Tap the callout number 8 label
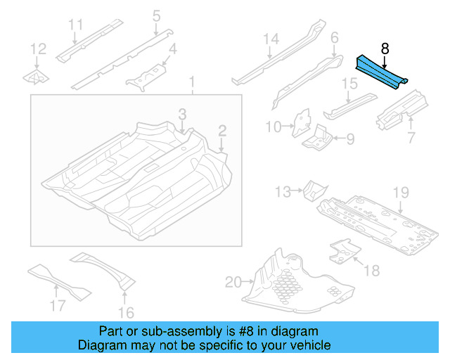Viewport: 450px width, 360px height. click(385, 49)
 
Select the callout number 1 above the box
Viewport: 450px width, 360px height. click(191, 86)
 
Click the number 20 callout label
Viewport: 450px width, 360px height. click(233, 283)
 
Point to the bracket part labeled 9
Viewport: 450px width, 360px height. click(319, 136)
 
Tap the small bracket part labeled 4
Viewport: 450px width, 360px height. click(146, 76)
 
